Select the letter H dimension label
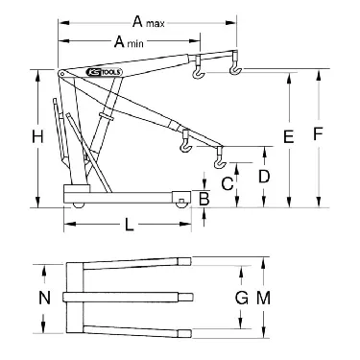pos(36,137)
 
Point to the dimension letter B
pos(203,199)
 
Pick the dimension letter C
pos(228,182)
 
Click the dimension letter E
pos(287,139)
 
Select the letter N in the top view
pos(43,298)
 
